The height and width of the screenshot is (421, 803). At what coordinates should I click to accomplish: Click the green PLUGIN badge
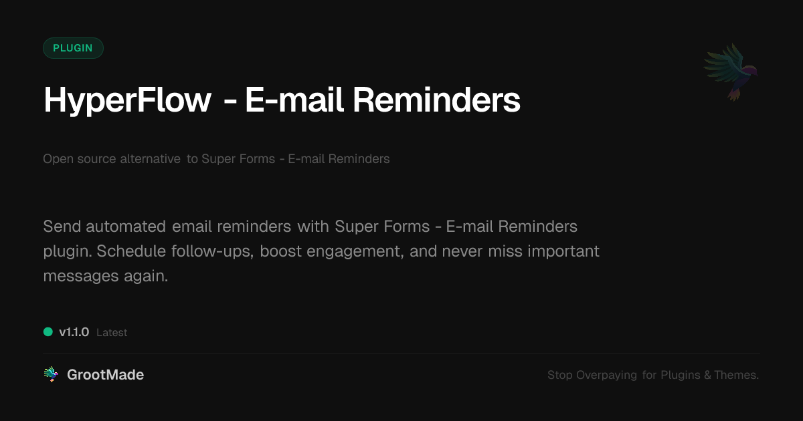click(x=73, y=48)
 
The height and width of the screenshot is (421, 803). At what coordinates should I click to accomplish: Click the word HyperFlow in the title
click(x=127, y=101)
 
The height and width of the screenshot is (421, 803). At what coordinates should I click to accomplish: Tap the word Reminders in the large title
click(x=436, y=100)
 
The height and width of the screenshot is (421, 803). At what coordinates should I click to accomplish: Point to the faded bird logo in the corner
click(x=731, y=72)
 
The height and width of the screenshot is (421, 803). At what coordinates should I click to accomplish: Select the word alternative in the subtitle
click(x=150, y=158)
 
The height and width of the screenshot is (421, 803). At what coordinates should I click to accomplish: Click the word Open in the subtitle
click(x=58, y=159)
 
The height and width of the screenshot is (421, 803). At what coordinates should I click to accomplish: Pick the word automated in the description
click(x=126, y=227)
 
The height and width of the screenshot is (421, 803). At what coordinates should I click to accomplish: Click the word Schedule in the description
click(x=131, y=251)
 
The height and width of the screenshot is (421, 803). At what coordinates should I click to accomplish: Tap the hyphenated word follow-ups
click(x=212, y=251)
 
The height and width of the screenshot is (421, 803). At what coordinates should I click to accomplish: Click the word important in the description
click(x=563, y=251)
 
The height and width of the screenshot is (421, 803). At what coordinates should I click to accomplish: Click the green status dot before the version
click(x=48, y=332)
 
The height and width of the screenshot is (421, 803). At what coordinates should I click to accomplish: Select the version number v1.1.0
click(x=74, y=332)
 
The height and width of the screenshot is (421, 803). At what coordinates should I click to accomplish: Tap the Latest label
click(x=112, y=333)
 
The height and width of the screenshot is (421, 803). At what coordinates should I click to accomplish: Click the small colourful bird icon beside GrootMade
click(x=51, y=374)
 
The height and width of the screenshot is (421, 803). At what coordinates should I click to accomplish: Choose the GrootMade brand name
click(x=106, y=375)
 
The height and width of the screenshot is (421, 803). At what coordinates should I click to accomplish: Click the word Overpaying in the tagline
click(x=606, y=375)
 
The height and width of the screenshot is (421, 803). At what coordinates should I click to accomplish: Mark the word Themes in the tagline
click(x=736, y=375)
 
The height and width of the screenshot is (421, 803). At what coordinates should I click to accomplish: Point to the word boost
click(x=280, y=251)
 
